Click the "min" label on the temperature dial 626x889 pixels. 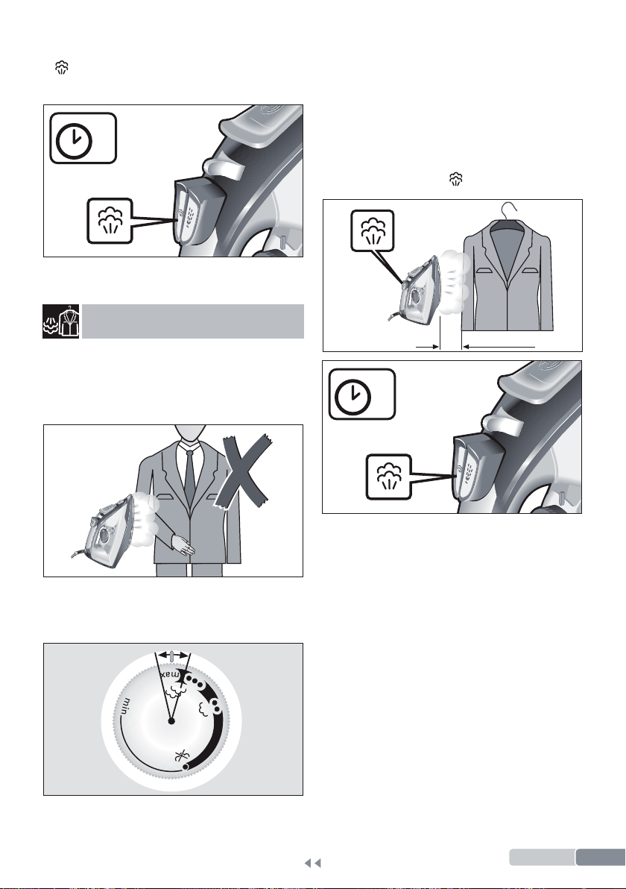point(127,707)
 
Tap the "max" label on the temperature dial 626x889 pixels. point(170,675)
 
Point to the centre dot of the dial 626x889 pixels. point(171,721)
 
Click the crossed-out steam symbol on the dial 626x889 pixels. point(181,756)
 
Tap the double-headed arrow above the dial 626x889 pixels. point(173,655)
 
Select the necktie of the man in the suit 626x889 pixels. point(189,477)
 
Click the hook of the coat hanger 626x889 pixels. point(510,210)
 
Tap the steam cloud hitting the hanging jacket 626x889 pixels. point(453,283)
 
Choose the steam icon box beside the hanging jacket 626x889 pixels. point(372,230)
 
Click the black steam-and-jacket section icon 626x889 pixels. point(61,321)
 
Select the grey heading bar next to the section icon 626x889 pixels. point(192,321)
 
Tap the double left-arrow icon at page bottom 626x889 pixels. point(313,863)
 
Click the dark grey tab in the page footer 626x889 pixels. point(601,857)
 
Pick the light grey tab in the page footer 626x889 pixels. point(542,857)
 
